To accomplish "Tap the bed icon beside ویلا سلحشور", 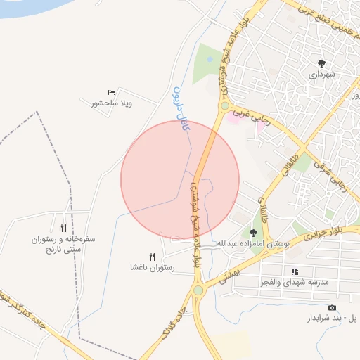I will pyautogui.click(x=111, y=93).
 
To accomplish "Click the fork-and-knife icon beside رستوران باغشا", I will pyautogui.click(x=152, y=257).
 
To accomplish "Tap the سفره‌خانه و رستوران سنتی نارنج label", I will pyautogui.click(x=63, y=244).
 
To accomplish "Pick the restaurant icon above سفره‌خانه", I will pyautogui.click(x=64, y=228).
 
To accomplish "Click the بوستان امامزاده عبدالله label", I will pyautogui.click(x=253, y=243).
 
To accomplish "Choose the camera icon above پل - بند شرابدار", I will pyautogui.click(x=332, y=308).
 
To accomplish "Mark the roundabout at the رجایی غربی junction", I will pyautogui.click(x=224, y=107).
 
